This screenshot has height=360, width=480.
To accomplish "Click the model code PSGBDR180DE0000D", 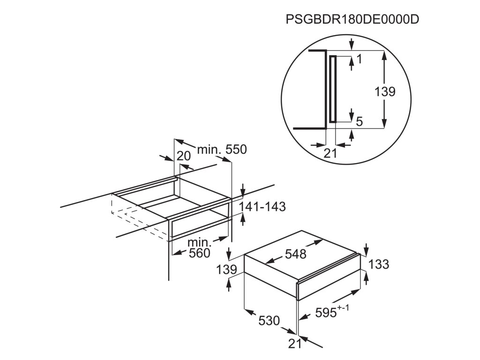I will (x=352, y=20).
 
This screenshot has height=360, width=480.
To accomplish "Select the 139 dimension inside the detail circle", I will (x=385, y=92).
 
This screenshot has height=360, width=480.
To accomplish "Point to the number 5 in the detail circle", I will (x=359, y=121).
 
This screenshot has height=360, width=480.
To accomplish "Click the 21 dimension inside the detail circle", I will (x=331, y=152).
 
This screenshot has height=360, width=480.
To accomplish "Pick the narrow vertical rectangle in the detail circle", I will (x=333, y=89).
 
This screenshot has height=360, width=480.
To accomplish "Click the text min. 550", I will (x=221, y=150).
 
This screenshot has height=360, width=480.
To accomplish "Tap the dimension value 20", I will (x=184, y=156).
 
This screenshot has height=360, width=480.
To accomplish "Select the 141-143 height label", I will (x=262, y=207).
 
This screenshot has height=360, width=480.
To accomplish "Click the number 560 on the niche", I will (x=199, y=254).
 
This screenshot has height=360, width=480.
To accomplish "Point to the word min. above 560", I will (x=200, y=243).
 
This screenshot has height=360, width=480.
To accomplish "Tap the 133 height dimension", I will (x=379, y=264).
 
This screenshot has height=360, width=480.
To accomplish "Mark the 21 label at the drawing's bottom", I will (x=294, y=344).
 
